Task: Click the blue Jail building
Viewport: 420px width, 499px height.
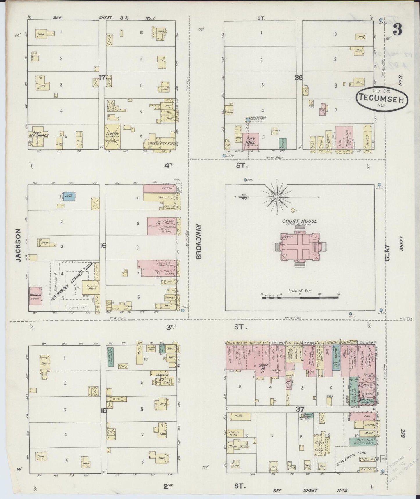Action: [x=69, y=196]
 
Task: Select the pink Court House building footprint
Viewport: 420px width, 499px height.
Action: [x=300, y=247]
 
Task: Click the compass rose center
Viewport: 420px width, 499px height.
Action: [x=278, y=197]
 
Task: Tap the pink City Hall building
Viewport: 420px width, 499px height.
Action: [x=250, y=141]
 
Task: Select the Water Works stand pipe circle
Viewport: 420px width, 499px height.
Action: [x=247, y=120]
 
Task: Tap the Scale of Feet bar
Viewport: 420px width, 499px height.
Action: [x=301, y=297]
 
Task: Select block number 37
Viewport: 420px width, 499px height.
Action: [x=300, y=409]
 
